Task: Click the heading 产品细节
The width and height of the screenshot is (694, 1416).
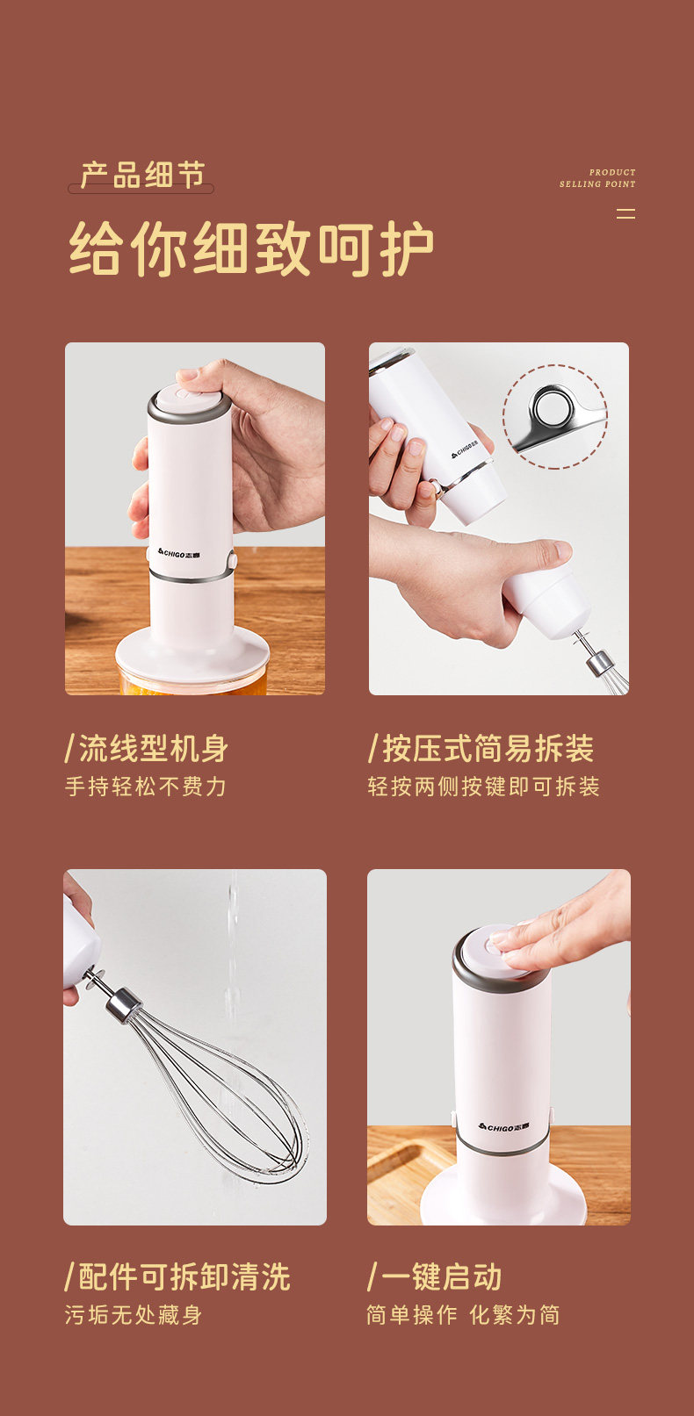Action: point(142,175)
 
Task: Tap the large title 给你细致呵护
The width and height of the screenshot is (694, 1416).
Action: point(251,248)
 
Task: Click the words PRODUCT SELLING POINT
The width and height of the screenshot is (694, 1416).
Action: point(597,178)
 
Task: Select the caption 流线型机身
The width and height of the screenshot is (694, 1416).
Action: point(146,749)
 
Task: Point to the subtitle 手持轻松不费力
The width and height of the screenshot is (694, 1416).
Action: point(146,787)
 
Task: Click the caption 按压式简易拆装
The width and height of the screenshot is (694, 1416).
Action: point(481,749)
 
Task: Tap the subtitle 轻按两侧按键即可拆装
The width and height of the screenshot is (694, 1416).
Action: point(483,787)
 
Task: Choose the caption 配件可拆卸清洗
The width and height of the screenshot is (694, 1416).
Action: point(177,1277)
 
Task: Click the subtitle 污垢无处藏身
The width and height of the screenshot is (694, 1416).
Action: point(133,1316)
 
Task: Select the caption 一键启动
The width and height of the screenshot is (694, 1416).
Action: point(435,1277)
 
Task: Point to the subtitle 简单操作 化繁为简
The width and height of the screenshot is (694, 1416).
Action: point(463,1316)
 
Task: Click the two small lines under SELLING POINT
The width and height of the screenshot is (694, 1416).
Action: point(625,213)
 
